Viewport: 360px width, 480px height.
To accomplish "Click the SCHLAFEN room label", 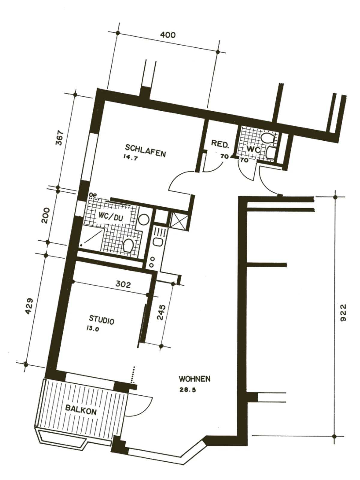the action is (145, 151).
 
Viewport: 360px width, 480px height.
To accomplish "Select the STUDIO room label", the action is (102, 320).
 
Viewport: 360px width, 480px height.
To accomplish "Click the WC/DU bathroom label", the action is (111, 217).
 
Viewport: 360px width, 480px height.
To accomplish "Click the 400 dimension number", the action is (168, 35).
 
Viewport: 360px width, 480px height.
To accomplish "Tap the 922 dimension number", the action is (343, 315).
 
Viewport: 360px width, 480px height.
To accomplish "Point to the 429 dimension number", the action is (29, 306).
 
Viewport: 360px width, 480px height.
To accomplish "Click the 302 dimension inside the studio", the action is (123, 284).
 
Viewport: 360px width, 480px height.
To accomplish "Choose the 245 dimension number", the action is (161, 313).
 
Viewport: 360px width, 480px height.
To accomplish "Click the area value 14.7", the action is (131, 158).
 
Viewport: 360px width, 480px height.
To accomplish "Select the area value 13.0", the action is (92, 328).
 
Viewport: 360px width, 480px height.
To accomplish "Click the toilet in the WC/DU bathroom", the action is (128, 245).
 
